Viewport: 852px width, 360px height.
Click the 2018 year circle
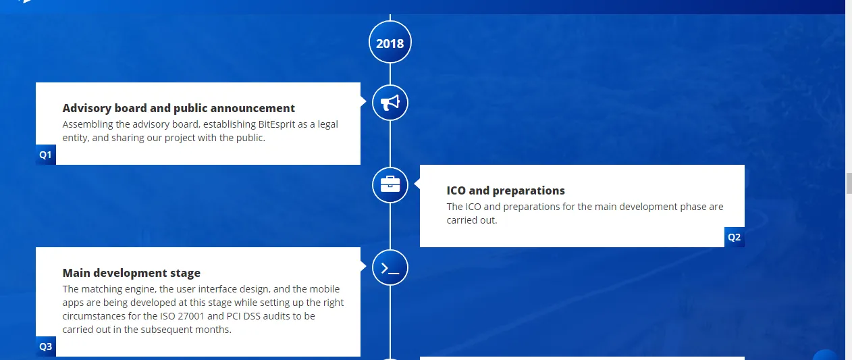click(x=390, y=43)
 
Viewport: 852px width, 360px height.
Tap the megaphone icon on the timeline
click(x=390, y=103)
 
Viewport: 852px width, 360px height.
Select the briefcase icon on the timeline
click(x=390, y=185)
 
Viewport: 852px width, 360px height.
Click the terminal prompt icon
click(x=390, y=268)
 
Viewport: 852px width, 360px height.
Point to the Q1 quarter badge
click(x=46, y=155)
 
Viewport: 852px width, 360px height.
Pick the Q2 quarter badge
click(x=734, y=237)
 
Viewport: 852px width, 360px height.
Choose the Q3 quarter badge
click(x=46, y=346)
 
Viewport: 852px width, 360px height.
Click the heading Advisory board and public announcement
click(x=178, y=109)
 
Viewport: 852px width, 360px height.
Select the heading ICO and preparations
click(x=506, y=190)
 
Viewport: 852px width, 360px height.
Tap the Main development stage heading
click(x=131, y=274)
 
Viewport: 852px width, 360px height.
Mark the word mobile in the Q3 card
click(x=325, y=289)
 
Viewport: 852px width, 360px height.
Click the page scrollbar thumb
click(x=849, y=184)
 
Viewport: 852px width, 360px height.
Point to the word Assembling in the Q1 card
click(x=88, y=124)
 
